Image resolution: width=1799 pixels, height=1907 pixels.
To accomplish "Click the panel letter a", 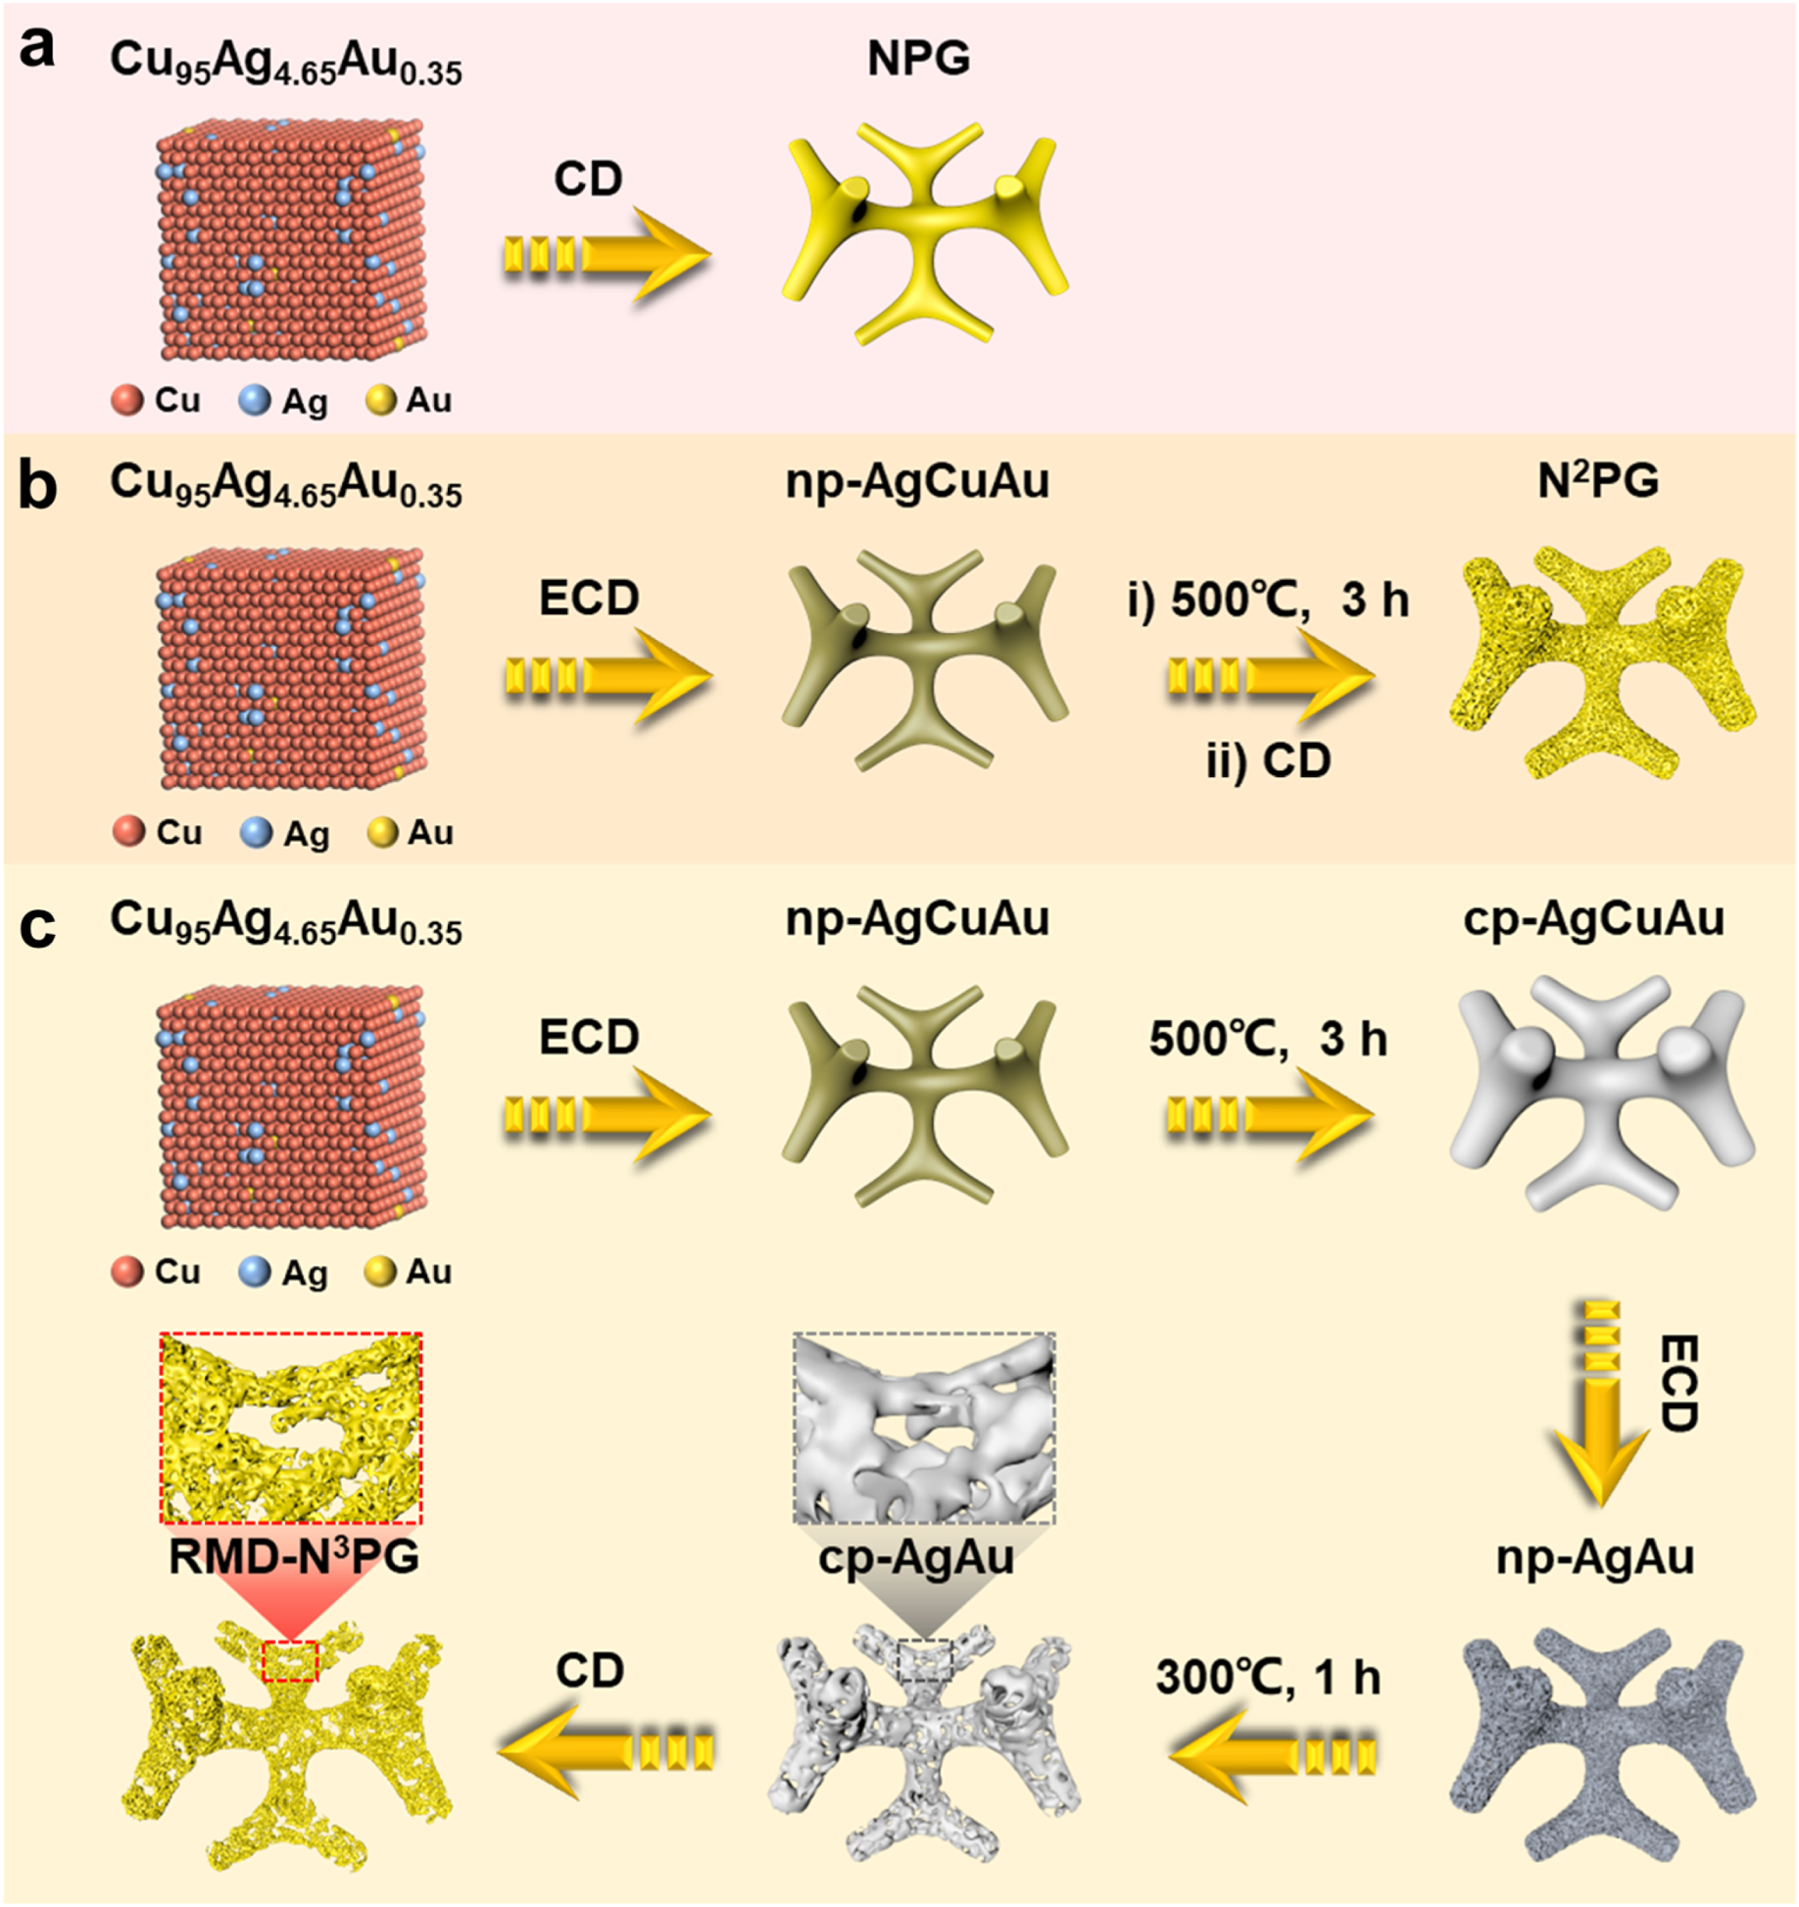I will coord(37,49).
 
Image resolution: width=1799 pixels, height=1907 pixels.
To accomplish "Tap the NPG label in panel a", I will coord(918,59).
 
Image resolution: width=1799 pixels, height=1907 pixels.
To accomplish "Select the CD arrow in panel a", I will coord(608,255).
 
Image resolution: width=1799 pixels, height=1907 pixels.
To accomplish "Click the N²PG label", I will coord(1597,481).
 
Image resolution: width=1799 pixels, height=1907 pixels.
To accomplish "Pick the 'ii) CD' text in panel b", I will coord(1268,760).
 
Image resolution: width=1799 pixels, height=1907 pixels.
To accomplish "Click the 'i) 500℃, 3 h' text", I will coord(1268,600).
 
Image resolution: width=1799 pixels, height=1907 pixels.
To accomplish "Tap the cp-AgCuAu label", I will coord(1593,919).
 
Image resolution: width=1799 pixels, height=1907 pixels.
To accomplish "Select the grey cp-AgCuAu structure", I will coord(1602,1093).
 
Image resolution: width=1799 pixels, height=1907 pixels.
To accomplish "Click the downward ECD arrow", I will coord(1599,1401).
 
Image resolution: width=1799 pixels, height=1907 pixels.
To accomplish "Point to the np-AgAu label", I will coord(1594,1557).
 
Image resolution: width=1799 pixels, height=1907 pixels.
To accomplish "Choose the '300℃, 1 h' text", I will coord(1268,1677).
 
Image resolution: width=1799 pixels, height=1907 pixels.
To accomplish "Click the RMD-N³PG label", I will coord(293,1556).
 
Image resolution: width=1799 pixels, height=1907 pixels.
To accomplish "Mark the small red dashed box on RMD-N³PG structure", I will coord(290,1660).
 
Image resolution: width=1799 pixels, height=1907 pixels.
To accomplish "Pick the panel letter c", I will coord(37,925).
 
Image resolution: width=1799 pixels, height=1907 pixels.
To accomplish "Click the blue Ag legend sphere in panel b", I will coord(256,833).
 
